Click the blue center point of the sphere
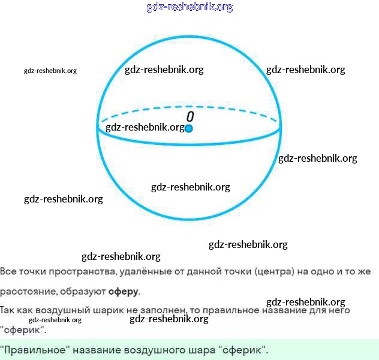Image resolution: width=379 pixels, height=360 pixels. (189, 128)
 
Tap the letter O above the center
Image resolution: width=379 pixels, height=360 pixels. (189, 116)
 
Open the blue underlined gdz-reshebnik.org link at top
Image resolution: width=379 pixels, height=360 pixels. (189, 7)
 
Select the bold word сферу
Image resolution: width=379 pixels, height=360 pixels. (123, 292)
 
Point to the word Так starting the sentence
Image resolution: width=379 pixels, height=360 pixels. (8, 310)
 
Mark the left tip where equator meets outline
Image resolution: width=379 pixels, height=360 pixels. (98, 126)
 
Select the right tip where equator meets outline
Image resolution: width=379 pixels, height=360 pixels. (280, 126)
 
